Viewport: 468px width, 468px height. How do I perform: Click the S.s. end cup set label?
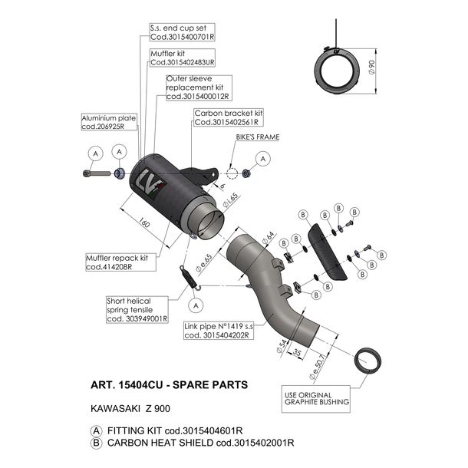coord(182,32)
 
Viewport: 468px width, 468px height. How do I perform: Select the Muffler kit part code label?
coord(182,58)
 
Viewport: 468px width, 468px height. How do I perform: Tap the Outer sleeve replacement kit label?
coord(199,87)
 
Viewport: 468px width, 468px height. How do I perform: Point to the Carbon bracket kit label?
coord(229,117)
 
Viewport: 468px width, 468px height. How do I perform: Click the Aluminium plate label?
coord(109,122)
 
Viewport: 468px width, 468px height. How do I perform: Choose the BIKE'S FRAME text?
coord(258,137)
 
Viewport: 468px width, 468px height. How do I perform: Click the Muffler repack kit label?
coord(120,262)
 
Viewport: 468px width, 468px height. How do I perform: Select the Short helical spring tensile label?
coord(137,309)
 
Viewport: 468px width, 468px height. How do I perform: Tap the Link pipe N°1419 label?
coord(219,331)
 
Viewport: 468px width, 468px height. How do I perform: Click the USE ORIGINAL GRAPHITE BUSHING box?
coord(316,399)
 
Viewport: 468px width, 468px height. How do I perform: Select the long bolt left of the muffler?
coord(97,173)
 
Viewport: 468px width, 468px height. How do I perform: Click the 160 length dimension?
coord(144,222)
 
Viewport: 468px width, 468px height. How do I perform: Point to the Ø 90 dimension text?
coord(371,68)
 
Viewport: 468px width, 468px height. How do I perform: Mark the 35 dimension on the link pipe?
coord(296,353)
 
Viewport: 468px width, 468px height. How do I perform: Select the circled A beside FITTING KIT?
coord(96,430)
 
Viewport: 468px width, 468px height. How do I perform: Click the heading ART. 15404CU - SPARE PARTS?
coord(169,384)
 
